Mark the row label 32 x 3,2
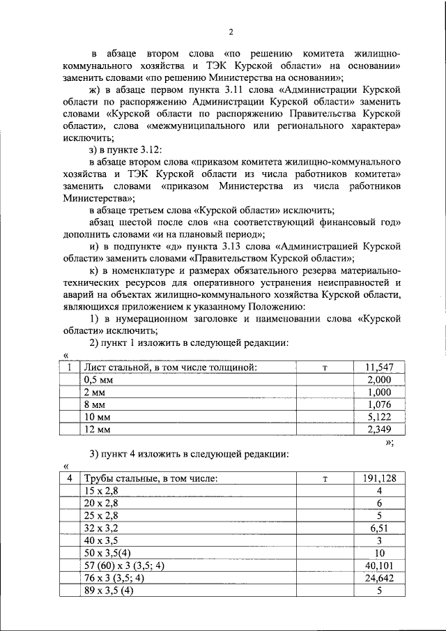click(102, 529)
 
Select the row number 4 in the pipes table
click(69, 478)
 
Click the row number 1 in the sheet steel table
click(69, 367)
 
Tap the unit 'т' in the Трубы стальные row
click(325, 478)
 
